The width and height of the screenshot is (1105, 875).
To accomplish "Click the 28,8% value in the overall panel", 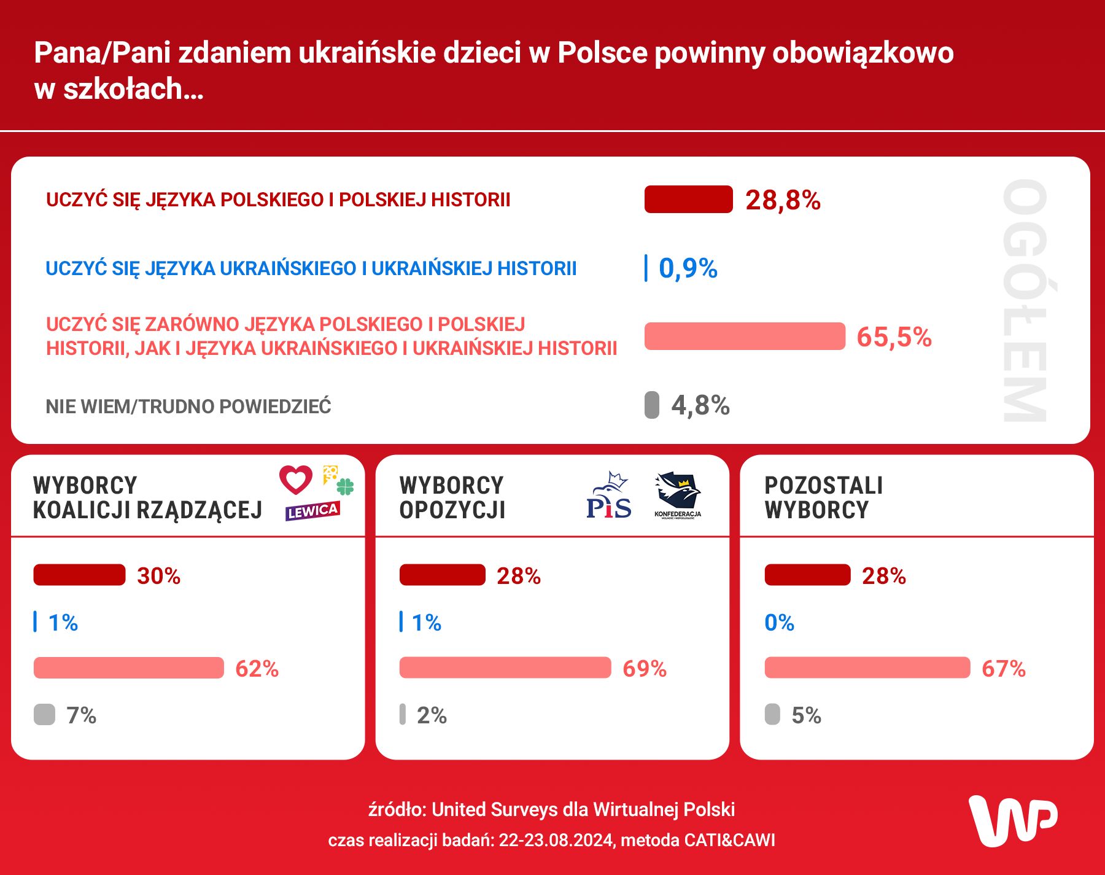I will pyautogui.click(x=783, y=200).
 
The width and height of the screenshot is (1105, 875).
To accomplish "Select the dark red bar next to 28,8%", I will pyautogui.click(x=688, y=200).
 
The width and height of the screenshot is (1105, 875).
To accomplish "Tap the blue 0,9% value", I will pyautogui.click(x=688, y=268).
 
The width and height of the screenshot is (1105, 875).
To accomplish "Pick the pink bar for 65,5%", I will pyautogui.click(x=745, y=336).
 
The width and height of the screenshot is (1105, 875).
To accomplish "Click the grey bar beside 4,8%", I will pyautogui.click(x=651, y=405).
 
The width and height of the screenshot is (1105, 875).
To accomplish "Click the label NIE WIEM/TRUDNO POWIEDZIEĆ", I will pyautogui.click(x=188, y=406).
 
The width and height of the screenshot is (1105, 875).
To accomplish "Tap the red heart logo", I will pyautogui.click(x=296, y=480).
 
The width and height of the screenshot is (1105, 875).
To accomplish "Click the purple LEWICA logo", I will pyautogui.click(x=312, y=511).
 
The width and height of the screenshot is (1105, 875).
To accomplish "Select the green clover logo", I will pyautogui.click(x=345, y=487).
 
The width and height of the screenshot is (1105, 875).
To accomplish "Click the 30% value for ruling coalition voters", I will pyautogui.click(x=158, y=576).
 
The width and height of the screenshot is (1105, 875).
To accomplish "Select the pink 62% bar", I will pyautogui.click(x=129, y=668).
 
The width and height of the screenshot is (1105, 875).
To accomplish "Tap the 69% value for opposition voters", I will pyautogui.click(x=644, y=669).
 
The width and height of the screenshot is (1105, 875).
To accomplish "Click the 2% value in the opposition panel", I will pyautogui.click(x=432, y=715).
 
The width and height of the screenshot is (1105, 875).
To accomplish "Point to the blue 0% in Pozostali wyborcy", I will pyautogui.click(x=779, y=623).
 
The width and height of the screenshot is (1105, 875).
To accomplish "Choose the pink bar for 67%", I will pyautogui.click(x=867, y=668).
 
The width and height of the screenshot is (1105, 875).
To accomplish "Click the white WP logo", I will pyautogui.click(x=1012, y=821).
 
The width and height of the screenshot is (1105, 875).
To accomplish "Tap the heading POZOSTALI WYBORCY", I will pyautogui.click(x=823, y=498).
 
